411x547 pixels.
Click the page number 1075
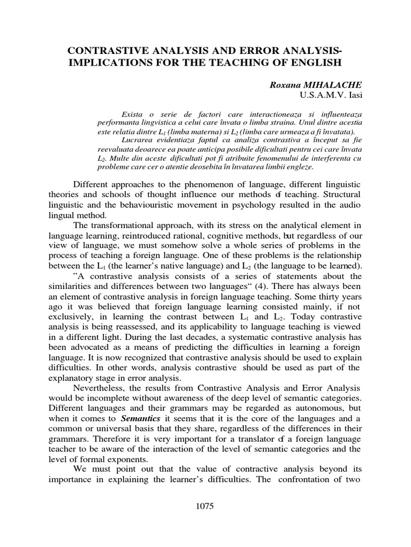[205, 506]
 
